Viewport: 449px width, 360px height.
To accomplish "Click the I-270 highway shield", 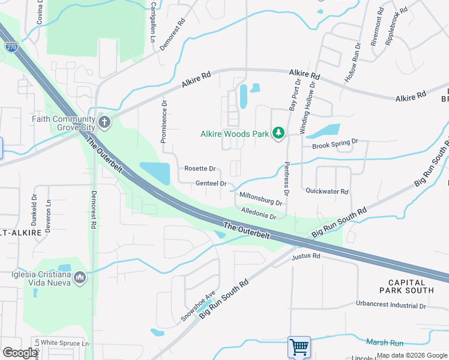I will tap(11, 46).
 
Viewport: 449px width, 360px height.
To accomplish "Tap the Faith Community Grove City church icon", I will tap(105, 123).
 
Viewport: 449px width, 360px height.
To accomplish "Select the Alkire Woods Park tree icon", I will tap(279, 133).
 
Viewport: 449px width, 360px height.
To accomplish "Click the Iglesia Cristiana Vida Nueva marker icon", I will tap(80, 277).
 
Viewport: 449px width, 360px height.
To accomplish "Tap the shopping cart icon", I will tap(299, 347).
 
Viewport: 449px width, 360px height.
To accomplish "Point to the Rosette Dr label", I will tap(199, 169).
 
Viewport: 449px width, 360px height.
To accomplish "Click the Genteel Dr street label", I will tap(211, 184).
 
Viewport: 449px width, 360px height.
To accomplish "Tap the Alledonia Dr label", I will tap(258, 213).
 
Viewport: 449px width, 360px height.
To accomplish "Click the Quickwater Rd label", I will tap(327, 192).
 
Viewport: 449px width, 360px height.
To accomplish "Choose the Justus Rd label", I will tap(306, 256).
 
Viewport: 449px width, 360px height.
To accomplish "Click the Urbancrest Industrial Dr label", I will tap(391, 305).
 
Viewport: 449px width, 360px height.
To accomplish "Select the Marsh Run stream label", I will tap(385, 342).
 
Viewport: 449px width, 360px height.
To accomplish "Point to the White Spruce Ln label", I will tap(65, 344).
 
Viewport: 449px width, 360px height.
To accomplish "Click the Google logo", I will tap(20, 352).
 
